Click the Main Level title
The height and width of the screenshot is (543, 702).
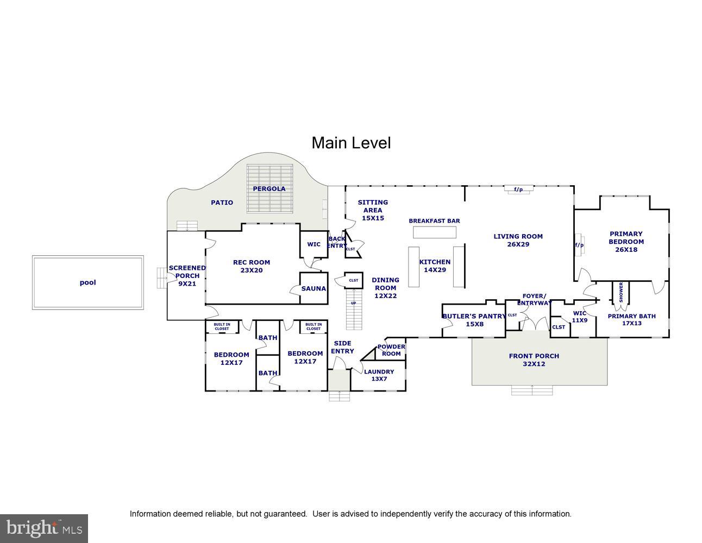[x=351, y=143]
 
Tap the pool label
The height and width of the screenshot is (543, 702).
[x=87, y=282]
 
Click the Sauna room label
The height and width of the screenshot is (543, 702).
[x=314, y=288]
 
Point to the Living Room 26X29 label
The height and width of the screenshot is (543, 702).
[x=518, y=240]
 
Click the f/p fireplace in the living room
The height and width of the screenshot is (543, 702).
[x=518, y=190]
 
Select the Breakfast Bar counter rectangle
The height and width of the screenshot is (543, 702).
[x=434, y=232]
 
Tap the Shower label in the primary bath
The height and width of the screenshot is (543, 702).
[x=621, y=292]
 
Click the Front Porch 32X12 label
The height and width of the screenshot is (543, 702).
[x=534, y=360]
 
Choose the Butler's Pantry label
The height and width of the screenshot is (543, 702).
[x=473, y=320]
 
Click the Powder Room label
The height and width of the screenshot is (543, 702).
[x=391, y=350]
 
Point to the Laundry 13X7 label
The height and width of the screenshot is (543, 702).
[x=379, y=375]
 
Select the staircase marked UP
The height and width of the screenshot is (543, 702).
[x=354, y=309]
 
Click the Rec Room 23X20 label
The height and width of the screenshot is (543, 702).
[x=252, y=266]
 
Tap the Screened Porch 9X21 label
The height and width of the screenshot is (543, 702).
[x=187, y=275]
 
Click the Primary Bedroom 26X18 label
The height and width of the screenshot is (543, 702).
[x=626, y=242]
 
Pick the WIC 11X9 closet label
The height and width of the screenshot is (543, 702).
[x=580, y=317]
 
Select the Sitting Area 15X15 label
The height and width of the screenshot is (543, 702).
[x=373, y=210]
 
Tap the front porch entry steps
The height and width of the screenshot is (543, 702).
[x=532, y=390]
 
